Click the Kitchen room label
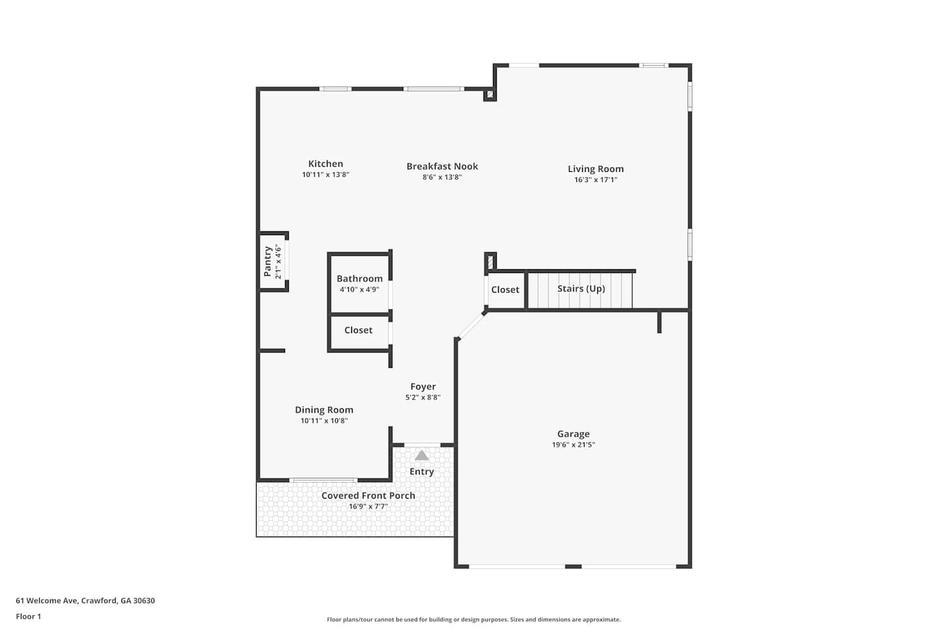pos(325,164)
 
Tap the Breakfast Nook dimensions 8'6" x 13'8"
pos(442,178)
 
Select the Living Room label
pos(595,169)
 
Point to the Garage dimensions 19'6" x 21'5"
pos(573,445)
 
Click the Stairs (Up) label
pos(581,289)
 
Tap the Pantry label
pos(267,262)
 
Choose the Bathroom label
pos(360,279)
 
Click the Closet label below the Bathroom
pos(358,330)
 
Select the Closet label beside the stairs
pos(505,289)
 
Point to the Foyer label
pos(423,387)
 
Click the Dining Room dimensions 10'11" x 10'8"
pos(324,421)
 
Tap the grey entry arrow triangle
pos(422,456)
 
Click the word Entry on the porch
pos(422,471)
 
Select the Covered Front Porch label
pos(368,495)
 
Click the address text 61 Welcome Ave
pos(47,600)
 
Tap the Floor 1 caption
pos(28,617)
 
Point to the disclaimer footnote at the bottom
pos(473,620)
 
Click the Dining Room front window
pos(324,480)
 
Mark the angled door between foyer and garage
pos(471,326)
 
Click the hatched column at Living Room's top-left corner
pos(490,94)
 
